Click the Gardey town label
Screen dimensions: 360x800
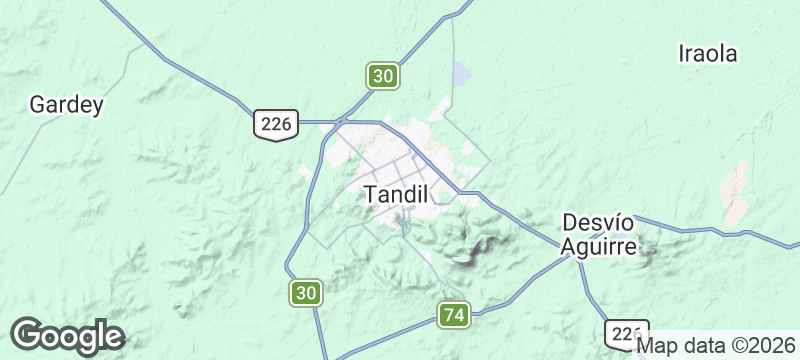(66, 104)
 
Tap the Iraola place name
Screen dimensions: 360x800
(707, 54)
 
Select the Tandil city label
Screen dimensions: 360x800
(396, 194)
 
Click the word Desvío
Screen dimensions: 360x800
(599, 222)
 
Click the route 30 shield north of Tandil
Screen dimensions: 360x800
(383, 75)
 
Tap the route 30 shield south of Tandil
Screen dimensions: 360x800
(306, 293)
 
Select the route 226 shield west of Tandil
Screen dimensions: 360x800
(273, 124)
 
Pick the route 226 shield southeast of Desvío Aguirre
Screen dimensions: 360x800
(627, 333)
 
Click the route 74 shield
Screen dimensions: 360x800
(454, 315)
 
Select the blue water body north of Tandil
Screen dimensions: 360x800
(460, 74)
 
